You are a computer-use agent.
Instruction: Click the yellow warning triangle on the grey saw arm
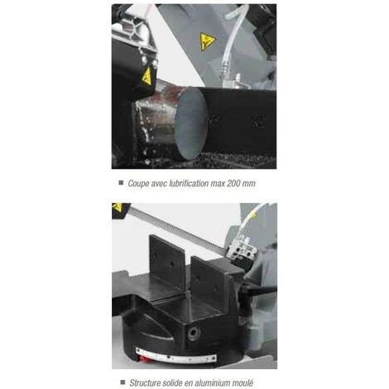[x=207, y=41]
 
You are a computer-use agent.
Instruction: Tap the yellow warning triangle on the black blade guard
[x=146, y=76]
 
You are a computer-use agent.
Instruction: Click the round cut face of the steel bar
[x=191, y=123]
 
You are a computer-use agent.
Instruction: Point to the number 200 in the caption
[x=233, y=184]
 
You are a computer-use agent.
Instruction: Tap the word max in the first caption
[x=218, y=184]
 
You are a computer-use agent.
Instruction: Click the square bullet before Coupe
[x=121, y=183]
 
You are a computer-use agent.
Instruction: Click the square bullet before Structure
[x=122, y=382]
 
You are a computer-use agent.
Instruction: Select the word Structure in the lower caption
[x=145, y=383]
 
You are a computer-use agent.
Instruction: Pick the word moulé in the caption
[x=243, y=383]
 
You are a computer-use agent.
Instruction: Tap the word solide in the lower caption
[x=172, y=383]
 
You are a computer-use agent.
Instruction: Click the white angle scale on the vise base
[x=176, y=356]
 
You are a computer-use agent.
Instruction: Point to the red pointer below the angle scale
[x=145, y=358]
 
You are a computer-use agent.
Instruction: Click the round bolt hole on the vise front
[x=192, y=333]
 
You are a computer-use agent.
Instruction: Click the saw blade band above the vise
[x=176, y=228]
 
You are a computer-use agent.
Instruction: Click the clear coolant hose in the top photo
[x=231, y=41]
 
